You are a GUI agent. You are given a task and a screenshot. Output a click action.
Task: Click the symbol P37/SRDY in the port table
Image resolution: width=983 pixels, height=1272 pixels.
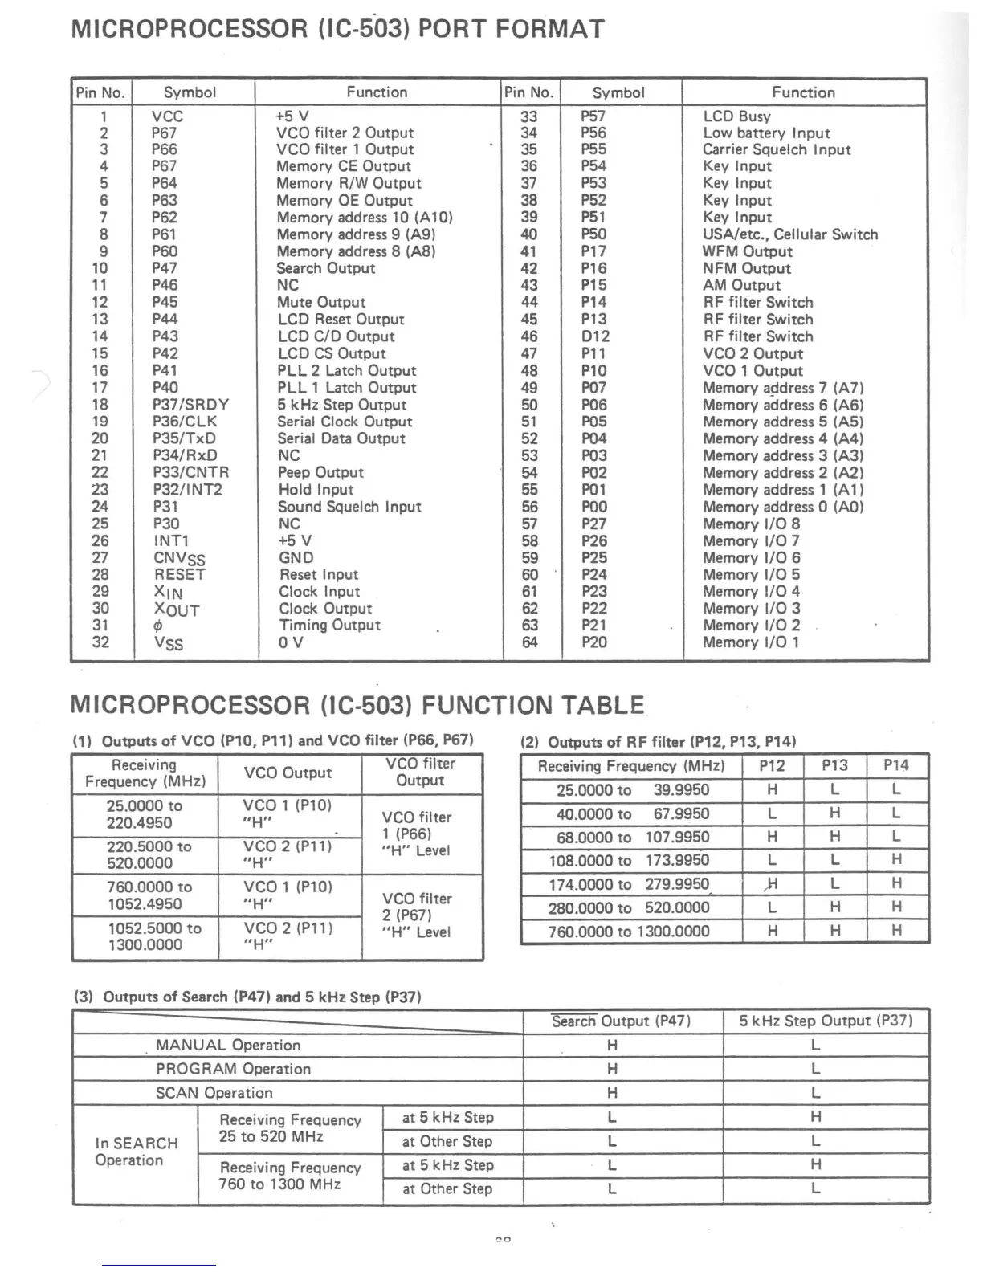[x=190, y=405]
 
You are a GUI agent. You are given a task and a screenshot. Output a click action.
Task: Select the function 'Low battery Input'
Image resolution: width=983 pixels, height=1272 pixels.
[x=766, y=133]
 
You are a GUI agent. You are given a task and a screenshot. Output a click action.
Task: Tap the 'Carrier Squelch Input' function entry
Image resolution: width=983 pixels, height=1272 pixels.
[x=776, y=150]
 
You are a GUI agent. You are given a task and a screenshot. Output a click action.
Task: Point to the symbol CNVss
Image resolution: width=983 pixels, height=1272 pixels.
[x=179, y=559]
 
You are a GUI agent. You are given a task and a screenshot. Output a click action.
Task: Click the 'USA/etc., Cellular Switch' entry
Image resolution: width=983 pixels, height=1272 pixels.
[x=790, y=234]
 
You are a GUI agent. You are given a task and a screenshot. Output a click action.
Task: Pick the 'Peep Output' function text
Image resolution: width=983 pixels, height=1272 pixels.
[x=320, y=473]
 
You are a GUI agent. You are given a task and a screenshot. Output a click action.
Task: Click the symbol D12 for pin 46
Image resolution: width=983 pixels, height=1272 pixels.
[x=595, y=336]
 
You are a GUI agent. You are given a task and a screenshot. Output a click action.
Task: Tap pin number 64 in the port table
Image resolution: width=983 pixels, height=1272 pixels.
[x=530, y=642]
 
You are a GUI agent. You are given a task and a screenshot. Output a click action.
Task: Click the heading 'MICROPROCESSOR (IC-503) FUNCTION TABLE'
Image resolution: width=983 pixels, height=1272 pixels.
[x=357, y=705]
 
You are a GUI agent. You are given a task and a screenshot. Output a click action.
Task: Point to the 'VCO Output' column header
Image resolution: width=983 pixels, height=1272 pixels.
[x=288, y=773]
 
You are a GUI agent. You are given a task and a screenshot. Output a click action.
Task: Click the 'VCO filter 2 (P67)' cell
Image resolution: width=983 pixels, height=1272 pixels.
[x=417, y=915]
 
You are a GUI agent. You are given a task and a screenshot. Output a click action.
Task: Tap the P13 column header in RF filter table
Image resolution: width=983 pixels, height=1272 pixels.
[x=835, y=766]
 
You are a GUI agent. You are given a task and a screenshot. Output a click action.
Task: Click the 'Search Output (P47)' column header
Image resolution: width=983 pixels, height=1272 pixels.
[x=621, y=1021]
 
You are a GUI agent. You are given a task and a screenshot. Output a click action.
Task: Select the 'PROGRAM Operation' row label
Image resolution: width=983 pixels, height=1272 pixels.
[x=233, y=1070]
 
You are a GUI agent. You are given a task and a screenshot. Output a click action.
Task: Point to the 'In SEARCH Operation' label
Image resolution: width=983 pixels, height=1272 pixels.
[x=136, y=1152]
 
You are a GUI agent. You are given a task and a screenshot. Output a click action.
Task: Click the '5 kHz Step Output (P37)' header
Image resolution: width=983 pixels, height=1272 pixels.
[x=826, y=1021]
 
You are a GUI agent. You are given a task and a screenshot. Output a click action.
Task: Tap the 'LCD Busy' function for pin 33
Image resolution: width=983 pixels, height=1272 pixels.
[x=736, y=116]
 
